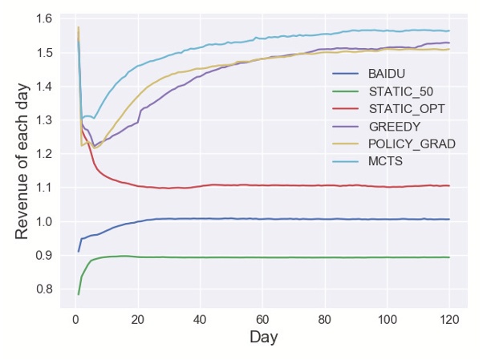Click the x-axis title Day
tap(263, 337)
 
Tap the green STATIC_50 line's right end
tap(449, 257)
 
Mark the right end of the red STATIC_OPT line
tap(449, 185)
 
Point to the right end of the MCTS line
tap(449, 30)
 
